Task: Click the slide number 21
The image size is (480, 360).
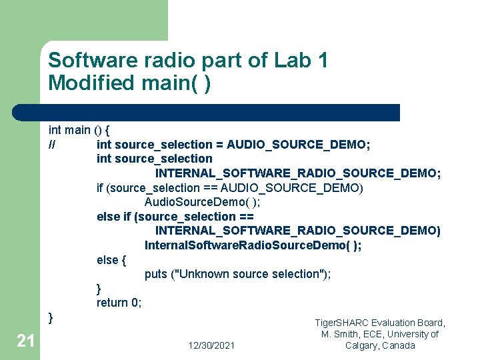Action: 25,341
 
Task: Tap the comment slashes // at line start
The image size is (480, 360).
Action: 52,144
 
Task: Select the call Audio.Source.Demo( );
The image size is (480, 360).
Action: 203,202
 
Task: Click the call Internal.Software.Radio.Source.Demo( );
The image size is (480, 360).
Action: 253,245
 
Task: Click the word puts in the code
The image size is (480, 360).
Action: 156,274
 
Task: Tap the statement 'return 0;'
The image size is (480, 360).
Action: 119,303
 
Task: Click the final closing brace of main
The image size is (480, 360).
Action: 51,317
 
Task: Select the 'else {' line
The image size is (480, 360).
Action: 111,259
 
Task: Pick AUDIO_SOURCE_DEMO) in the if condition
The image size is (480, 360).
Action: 292,188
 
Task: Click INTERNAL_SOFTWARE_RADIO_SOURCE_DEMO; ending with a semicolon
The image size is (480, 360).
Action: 298,173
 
